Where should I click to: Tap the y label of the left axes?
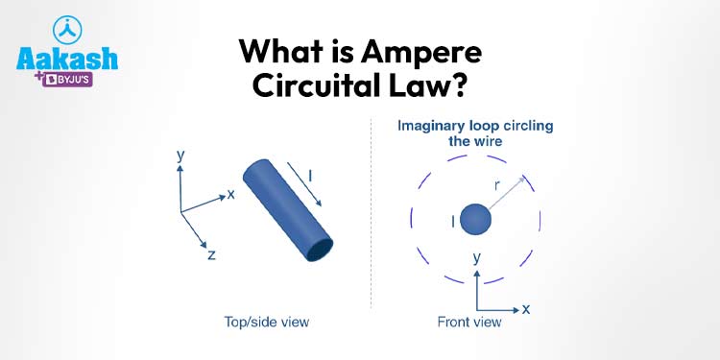pyautogui.click(x=180, y=153)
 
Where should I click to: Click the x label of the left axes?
pyautogui.click(x=231, y=194)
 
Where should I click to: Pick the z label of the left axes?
pyautogui.click(x=210, y=255)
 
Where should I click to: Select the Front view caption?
pyautogui.click(x=469, y=322)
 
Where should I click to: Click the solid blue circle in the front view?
pyautogui.click(x=475, y=221)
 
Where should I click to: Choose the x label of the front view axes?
pyautogui.click(x=526, y=309)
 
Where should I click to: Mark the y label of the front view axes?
pyautogui.click(x=477, y=258)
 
